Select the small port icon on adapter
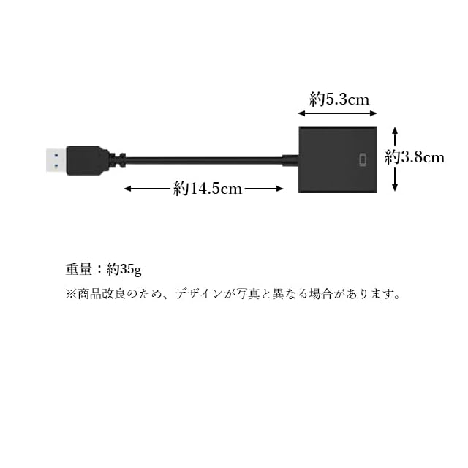[x=364, y=160]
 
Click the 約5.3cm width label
[x=339, y=99]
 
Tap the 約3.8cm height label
[x=415, y=157]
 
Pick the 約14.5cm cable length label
[x=208, y=189]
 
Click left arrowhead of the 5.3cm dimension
[x=301, y=113]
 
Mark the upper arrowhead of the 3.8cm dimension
[x=395, y=129]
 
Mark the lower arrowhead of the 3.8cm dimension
[x=395, y=188]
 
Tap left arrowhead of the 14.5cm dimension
[x=127, y=189]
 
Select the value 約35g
[x=124, y=269]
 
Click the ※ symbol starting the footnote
[x=71, y=295]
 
